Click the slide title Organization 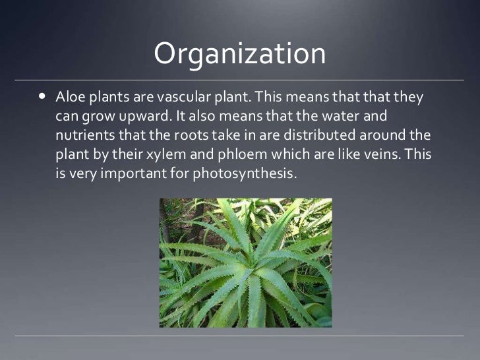point(239,55)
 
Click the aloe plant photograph point(245,262)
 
